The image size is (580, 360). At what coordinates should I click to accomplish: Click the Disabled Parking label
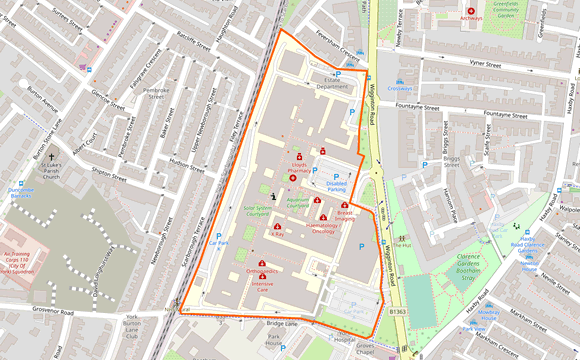pyautogui.click(x=336, y=186)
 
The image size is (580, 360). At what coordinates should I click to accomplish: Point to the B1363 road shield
pyautogui.click(x=397, y=312)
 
